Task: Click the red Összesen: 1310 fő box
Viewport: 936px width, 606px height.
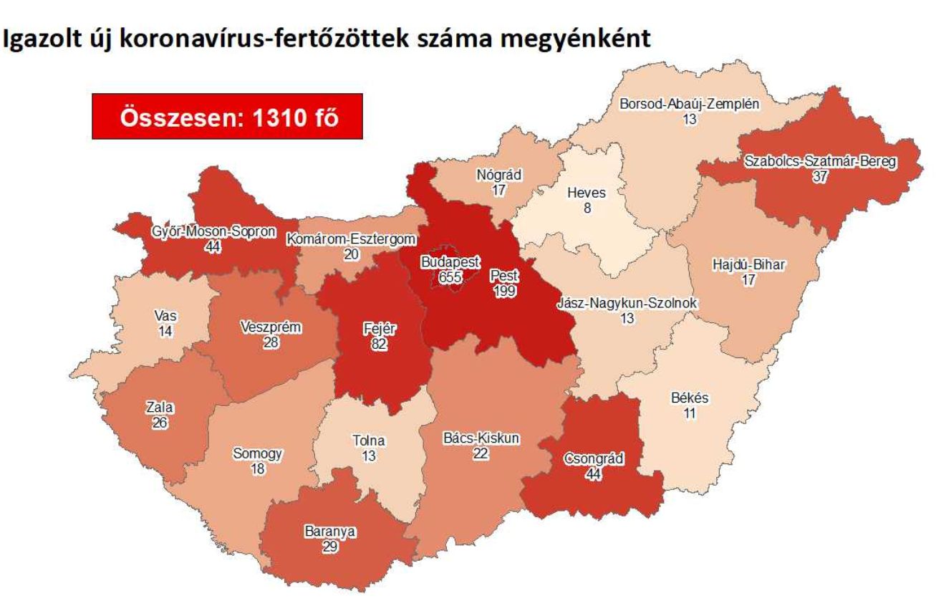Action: [x=227, y=117]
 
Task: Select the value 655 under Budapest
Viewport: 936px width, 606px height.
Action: [x=450, y=277]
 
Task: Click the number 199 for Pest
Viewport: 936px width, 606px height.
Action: [x=504, y=290]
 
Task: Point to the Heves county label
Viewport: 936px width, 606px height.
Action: [x=586, y=193]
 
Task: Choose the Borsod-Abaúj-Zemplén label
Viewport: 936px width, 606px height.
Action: [x=689, y=105]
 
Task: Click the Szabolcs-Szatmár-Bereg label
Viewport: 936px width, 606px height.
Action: [x=819, y=161]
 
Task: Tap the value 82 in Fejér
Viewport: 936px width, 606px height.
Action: [x=379, y=345]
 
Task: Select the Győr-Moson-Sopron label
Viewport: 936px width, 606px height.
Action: [x=213, y=232]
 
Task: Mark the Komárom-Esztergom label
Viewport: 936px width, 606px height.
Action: [x=351, y=239]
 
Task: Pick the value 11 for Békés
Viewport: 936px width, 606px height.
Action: [x=690, y=413]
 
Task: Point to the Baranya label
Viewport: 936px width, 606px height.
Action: [x=330, y=532]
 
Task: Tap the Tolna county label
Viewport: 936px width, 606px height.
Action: [x=369, y=441]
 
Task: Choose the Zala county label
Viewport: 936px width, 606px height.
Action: [x=159, y=408]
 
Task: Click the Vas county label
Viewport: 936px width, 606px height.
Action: [x=165, y=316]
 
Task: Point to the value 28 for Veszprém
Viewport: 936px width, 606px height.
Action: [x=271, y=343]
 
